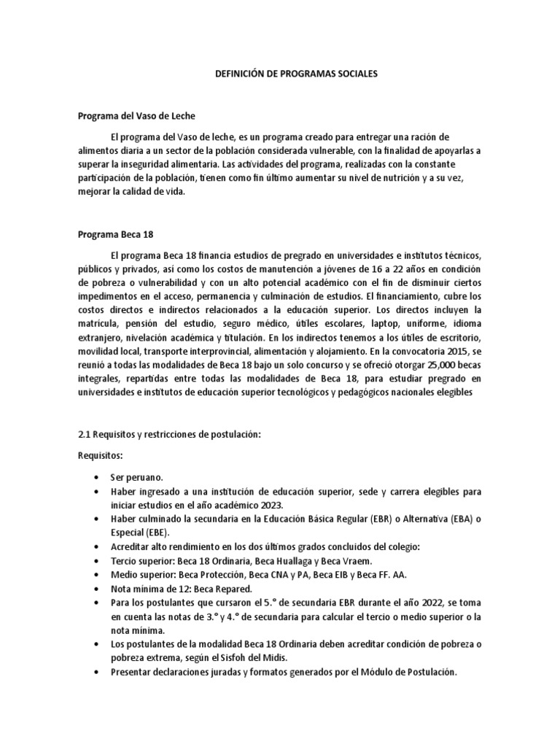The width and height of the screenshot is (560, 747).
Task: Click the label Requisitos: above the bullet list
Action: [101, 455]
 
